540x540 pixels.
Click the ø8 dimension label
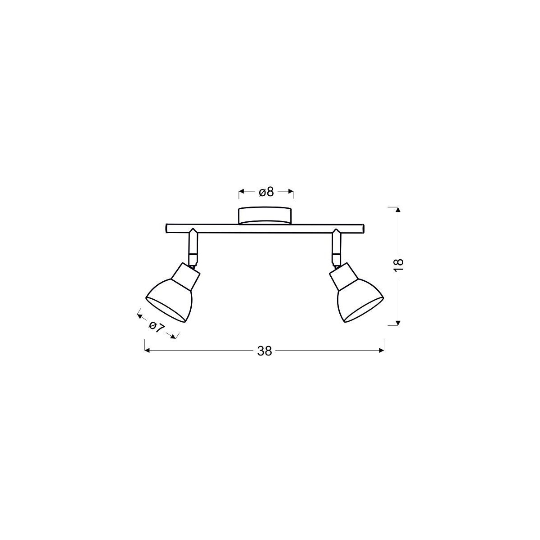tap(266, 192)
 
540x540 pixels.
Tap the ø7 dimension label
tap(155, 327)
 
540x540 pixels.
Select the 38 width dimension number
tap(265, 351)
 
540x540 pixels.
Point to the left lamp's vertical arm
tap(193, 247)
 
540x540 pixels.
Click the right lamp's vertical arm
tap(336, 247)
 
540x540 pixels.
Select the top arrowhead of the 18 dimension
tap(397, 209)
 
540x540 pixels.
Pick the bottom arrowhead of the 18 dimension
tap(397, 322)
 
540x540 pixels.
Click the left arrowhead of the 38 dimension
tap(146, 351)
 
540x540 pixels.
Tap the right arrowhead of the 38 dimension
tap(382, 351)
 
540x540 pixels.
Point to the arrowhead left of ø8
tap(241, 192)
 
